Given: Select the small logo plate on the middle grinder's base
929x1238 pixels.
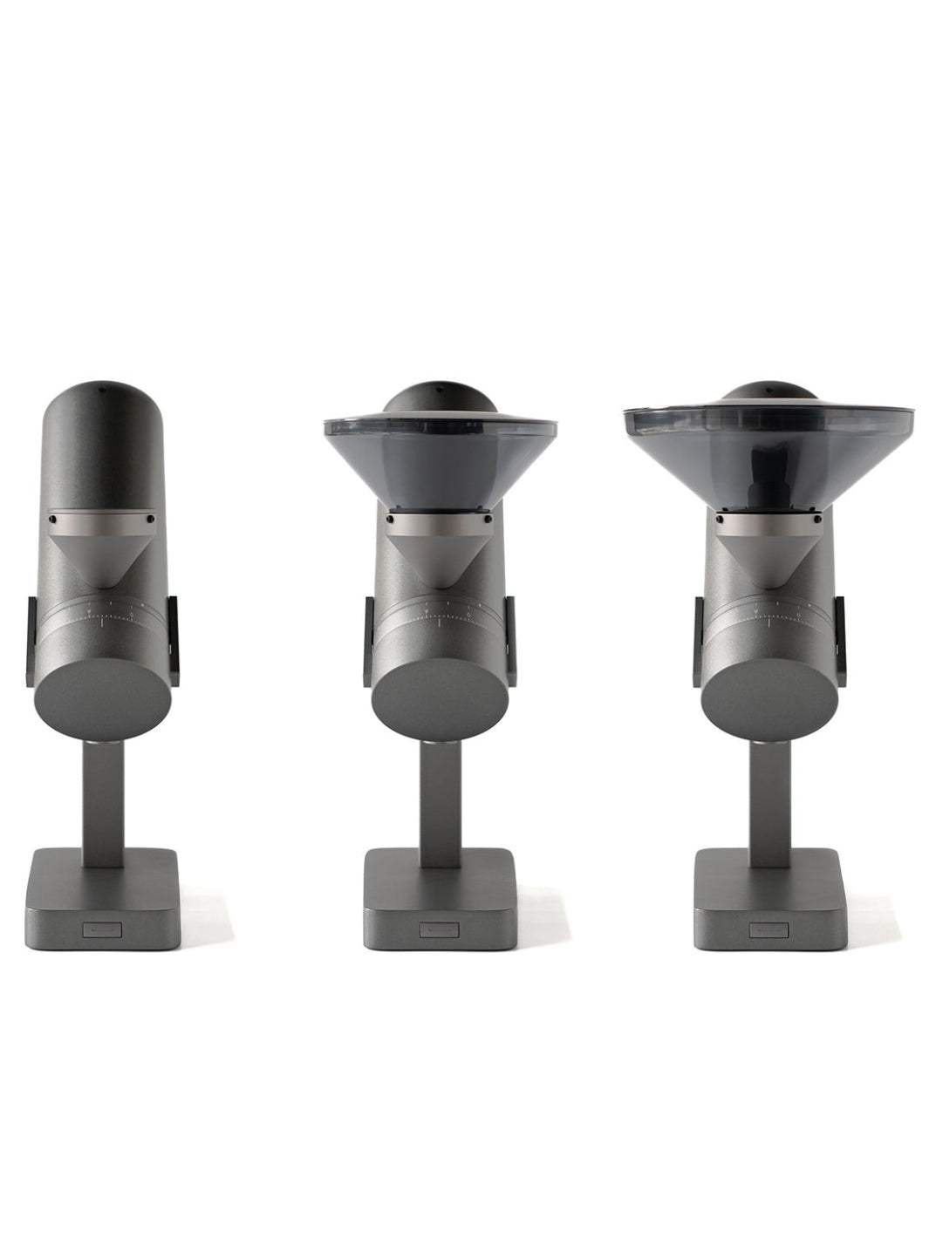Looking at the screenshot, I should point(434,929).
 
